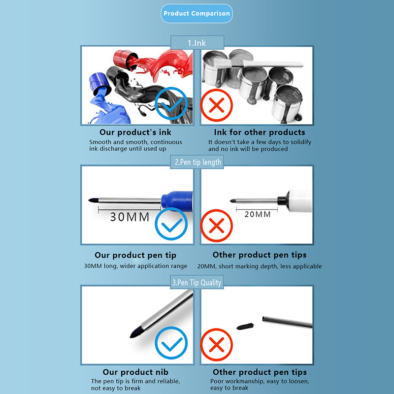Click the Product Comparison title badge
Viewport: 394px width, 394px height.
click(197, 14)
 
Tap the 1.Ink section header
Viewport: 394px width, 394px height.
click(197, 42)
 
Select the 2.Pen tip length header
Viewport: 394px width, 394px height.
click(197, 162)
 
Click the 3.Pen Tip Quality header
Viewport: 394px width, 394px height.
click(197, 282)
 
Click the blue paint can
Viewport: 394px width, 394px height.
click(99, 84)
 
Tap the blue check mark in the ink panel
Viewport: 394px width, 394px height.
click(171, 103)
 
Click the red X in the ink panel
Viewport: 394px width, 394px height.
click(216, 105)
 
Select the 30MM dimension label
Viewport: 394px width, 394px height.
click(130, 217)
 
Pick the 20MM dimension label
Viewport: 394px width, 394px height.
click(258, 214)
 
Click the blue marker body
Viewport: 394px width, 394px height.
click(177, 200)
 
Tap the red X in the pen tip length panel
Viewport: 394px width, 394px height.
click(216, 226)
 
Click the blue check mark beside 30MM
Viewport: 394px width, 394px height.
click(171, 224)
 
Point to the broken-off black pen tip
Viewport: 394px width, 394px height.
click(245, 326)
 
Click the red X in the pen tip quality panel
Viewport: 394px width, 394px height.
click(216, 344)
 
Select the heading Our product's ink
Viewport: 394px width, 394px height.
click(135, 132)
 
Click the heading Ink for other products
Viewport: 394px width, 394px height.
click(260, 132)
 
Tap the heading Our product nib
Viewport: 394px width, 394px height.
click(135, 372)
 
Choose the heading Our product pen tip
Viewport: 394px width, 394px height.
click(135, 255)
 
